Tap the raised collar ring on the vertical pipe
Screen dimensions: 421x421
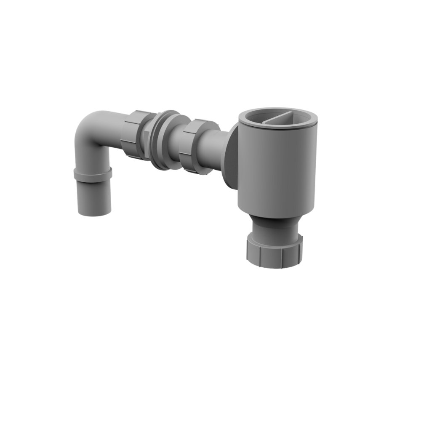pyautogui.click(x=93, y=174)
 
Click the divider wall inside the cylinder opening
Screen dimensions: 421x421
pyautogui.click(x=280, y=117)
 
